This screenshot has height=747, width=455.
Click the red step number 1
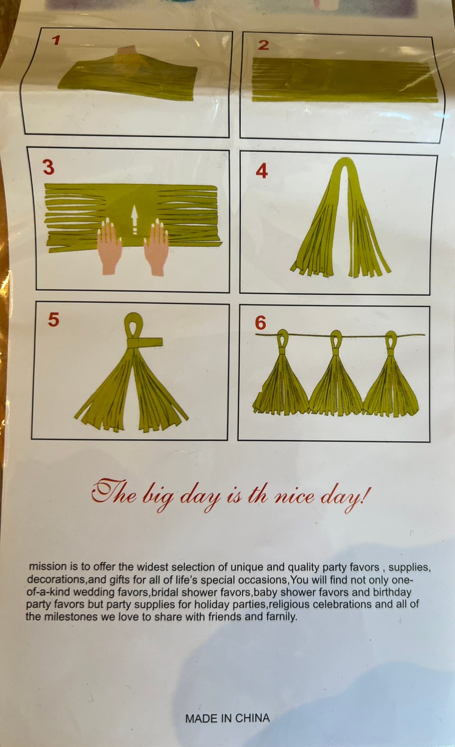click(56, 40)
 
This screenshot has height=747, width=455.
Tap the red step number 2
click(264, 45)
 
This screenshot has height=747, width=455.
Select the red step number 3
click(49, 167)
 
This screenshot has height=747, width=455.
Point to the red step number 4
click(262, 171)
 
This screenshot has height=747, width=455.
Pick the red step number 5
click(54, 319)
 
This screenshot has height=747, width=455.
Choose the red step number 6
click(261, 323)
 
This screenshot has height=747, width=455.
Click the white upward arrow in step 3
click(135, 220)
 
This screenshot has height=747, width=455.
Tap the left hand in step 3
click(109, 247)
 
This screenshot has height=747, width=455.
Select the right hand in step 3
click(156, 247)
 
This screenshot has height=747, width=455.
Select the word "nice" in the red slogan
click(294, 497)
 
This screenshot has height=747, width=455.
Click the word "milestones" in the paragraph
click(72, 617)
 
